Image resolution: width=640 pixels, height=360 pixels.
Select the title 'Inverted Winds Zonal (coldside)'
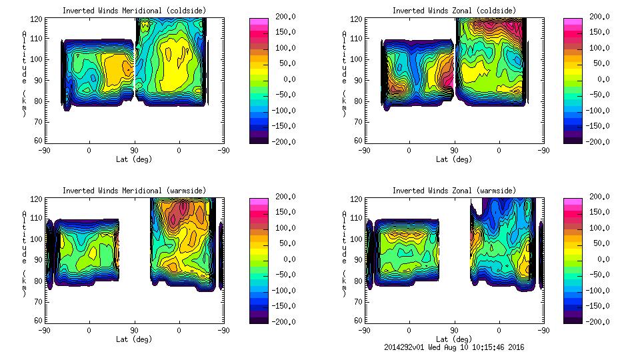[454, 11]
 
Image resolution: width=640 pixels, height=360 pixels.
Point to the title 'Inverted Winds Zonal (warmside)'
[454, 191]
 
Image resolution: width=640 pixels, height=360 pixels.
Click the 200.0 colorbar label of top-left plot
[283, 17]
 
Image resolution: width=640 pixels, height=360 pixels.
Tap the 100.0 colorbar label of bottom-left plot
[283, 228]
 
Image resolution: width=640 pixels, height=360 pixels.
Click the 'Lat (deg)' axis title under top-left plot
[133, 159]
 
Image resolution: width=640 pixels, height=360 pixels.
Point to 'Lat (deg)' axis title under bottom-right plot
[455, 339]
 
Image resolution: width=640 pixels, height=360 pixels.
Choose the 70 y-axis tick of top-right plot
[353, 122]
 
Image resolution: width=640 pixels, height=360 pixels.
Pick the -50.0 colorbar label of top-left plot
[282, 95]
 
